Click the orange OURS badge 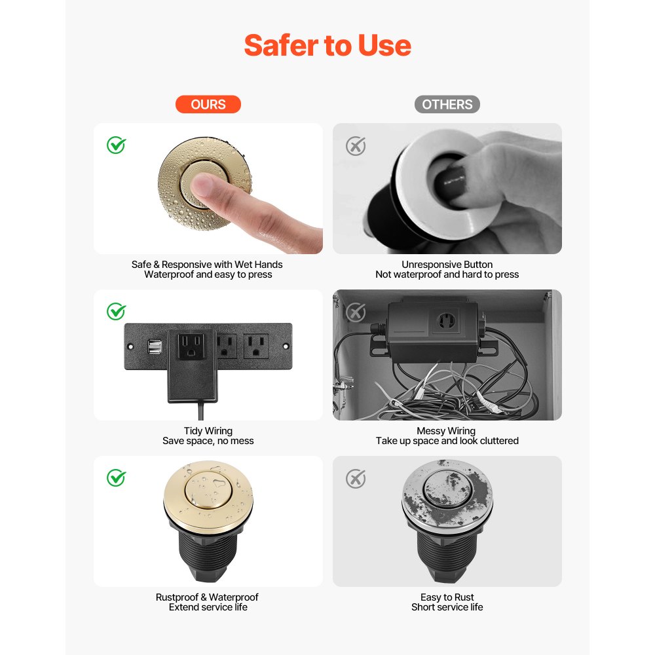[x=208, y=104]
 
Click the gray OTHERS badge [x=447, y=104]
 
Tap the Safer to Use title [x=327, y=45]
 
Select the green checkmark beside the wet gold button [x=117, y=145]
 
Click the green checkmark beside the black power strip [x=117, y=312]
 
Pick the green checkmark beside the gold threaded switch [x=117, y=478]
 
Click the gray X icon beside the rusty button [x=356, y=479]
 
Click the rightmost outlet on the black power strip [x=255, y=345]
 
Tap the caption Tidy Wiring [x=208, y=431]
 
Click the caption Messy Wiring [x=446, y=431]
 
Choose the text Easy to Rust [x=447, y=597]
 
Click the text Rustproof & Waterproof [x=207, y=597]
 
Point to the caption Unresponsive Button [x=447, y=265]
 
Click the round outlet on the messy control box [x=446, y=320]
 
